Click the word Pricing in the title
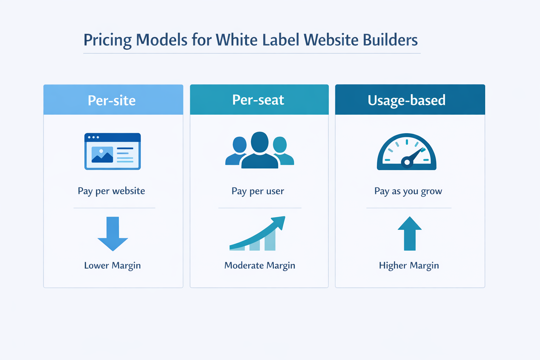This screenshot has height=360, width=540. pos(107,40)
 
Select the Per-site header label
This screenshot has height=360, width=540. pos(112,101)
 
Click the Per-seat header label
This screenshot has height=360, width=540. pos(258,100)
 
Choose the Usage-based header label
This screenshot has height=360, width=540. pos(406,100)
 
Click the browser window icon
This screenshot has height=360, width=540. pos(112,152)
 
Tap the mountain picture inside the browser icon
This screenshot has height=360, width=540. pos(102,155)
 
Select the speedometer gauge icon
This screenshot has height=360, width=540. pos(406,152)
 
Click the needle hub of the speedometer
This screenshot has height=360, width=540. pos(407,162)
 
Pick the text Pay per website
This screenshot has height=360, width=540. pos(111,191)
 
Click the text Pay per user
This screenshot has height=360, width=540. pos(258,191)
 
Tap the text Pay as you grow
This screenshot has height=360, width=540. pos(408,191)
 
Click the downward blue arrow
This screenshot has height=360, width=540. pos(112,233)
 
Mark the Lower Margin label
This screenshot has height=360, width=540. pos(112,265)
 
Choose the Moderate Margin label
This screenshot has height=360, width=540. pos(260,265)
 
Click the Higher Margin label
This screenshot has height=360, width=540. pos(409,265)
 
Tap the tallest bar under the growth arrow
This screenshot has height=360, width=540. pos(270,240)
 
